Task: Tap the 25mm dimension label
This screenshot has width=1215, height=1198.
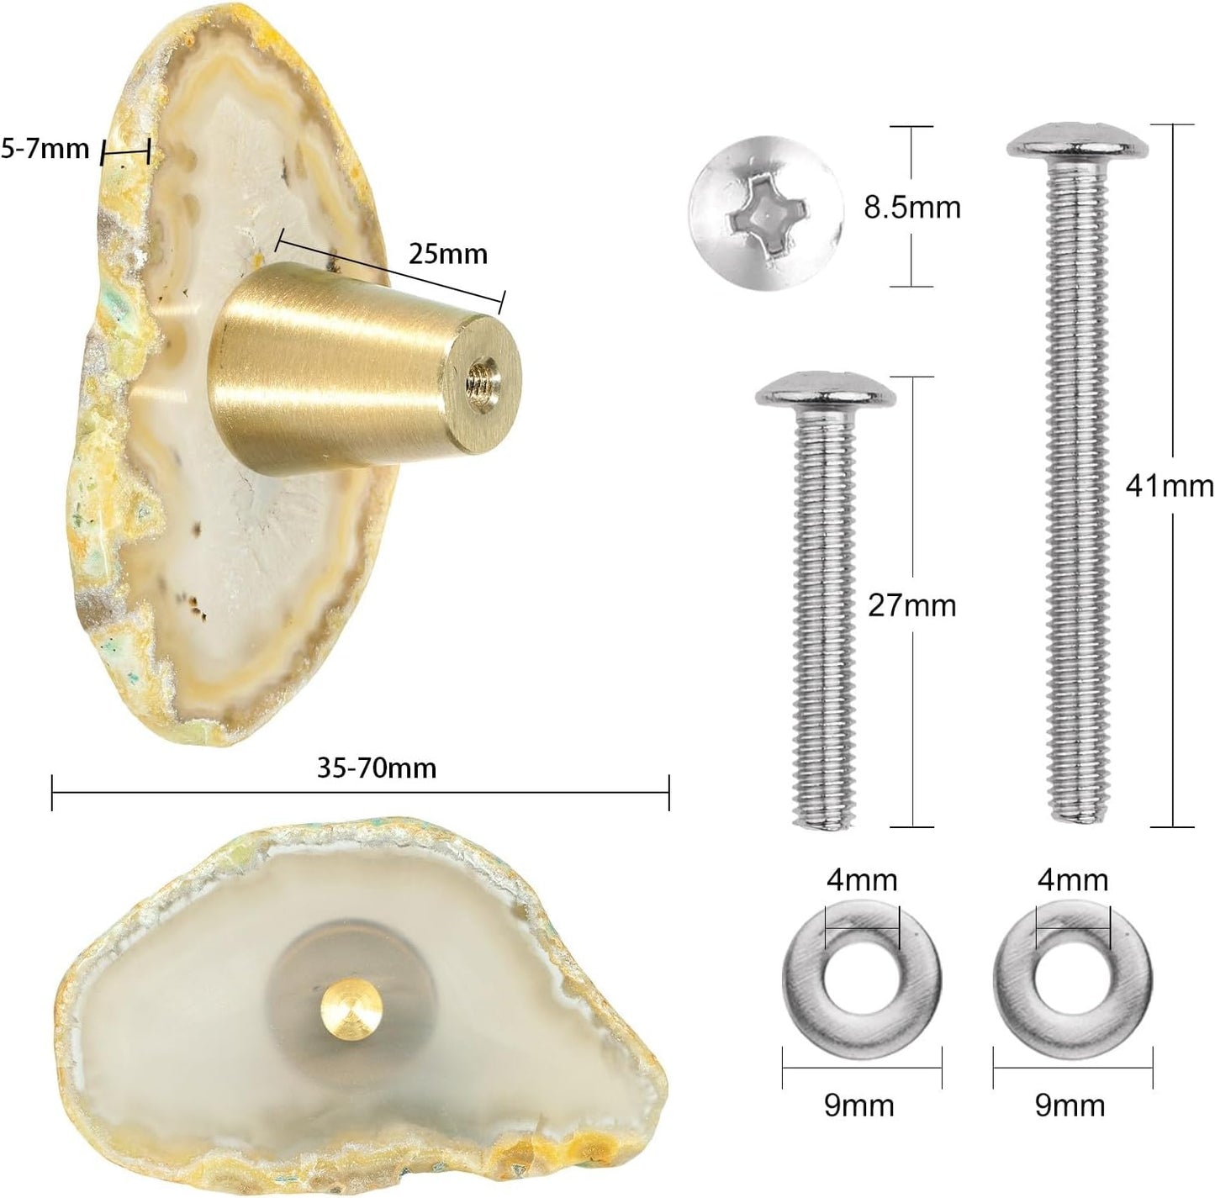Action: coord(447,254)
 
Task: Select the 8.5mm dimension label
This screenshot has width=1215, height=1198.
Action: coord(911,207)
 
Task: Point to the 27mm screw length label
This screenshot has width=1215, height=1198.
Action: coord(911,605)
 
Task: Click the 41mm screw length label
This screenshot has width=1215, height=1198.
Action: coord(1170,487)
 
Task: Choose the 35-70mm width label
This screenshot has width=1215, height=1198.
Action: coord(377,768)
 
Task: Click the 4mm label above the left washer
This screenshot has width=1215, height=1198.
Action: coord(862,879)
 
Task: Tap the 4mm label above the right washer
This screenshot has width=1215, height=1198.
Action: coord(1073,879)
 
